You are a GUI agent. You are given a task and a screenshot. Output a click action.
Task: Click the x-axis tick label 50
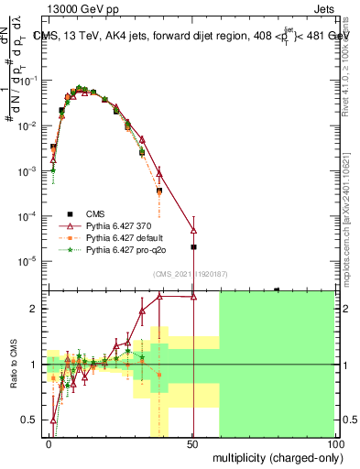192,443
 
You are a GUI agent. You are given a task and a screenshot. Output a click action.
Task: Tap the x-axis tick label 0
49,443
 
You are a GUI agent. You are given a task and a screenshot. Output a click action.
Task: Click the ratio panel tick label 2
36,309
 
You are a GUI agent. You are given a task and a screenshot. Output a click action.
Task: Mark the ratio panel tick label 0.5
32,420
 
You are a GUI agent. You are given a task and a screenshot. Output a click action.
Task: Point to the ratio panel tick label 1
36,365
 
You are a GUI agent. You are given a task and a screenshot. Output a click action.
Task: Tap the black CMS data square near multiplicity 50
193,246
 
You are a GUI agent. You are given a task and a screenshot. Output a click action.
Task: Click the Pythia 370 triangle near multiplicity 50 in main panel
193,230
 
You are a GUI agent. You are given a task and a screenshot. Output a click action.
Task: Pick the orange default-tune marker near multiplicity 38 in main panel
159,191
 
